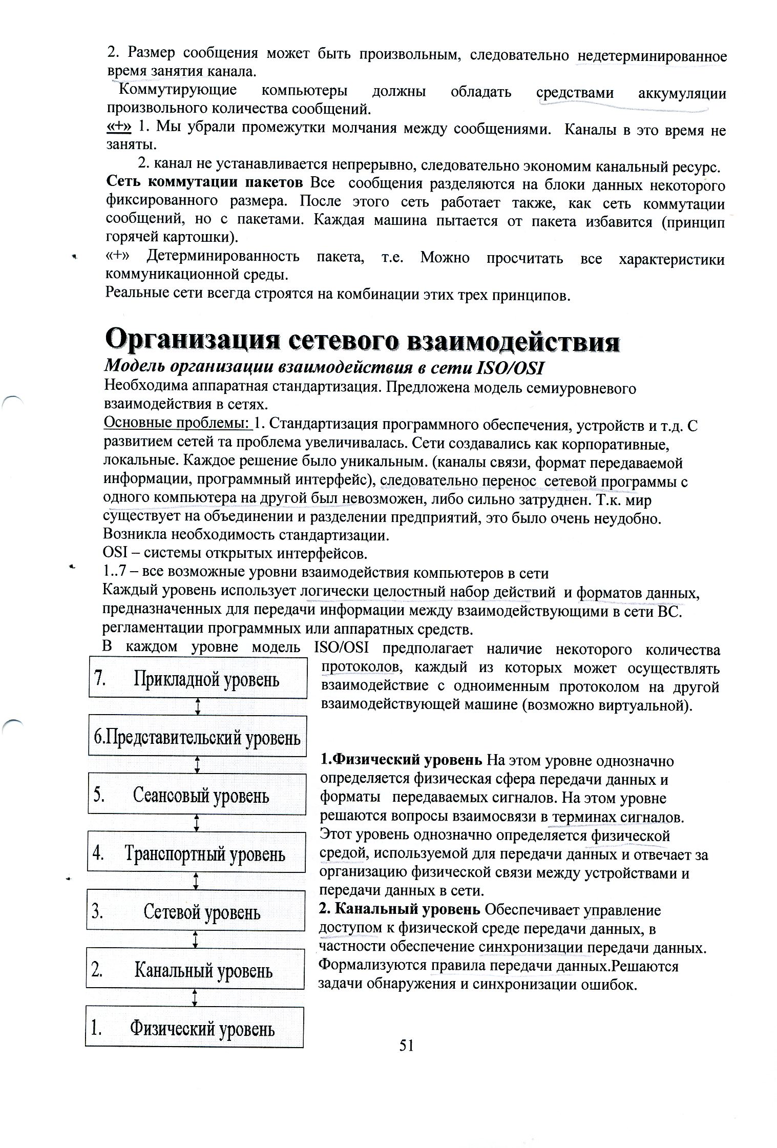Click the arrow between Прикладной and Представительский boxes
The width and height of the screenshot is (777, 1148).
pyautogui.click(x=198, y=707)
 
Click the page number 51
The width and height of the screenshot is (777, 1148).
pyautogui.click(x=406, y=1046)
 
